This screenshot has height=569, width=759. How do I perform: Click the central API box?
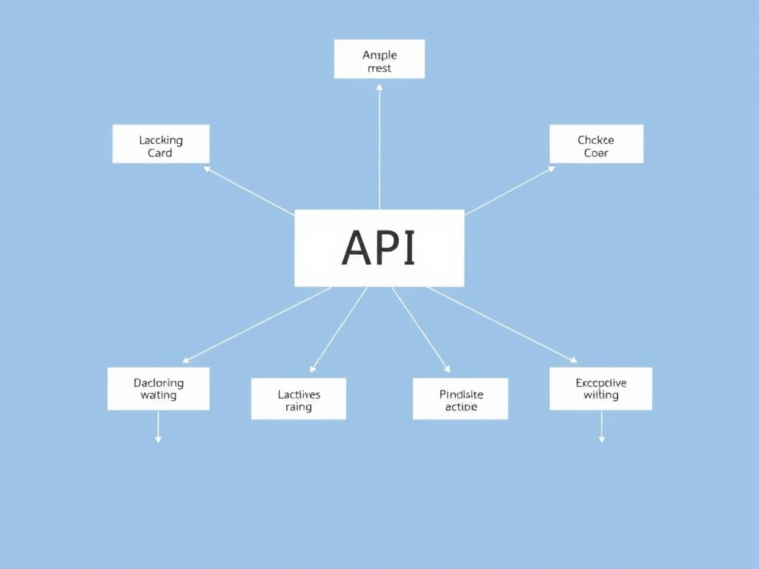point(379,248)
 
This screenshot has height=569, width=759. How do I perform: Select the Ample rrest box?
point(379,59)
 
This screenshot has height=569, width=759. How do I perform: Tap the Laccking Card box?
point(161,144)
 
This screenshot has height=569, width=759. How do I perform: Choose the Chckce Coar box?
point(596,144)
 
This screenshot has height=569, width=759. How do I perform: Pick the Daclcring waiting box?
point(159,388)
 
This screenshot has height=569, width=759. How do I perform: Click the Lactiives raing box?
point(298,399)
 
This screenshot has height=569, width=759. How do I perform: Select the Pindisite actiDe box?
point(460,399)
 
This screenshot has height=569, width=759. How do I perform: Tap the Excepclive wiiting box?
point(600,388)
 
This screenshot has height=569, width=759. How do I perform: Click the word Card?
point(160,153)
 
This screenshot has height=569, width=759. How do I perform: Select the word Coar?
point(596,153)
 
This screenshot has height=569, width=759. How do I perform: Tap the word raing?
point(298,407)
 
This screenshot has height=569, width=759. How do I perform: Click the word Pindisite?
point(461,394)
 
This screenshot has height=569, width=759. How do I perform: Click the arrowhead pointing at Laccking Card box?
point(208,169)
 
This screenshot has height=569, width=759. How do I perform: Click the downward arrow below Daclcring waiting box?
point(158,439)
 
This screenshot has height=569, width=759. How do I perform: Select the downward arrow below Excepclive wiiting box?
point(601,439)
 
